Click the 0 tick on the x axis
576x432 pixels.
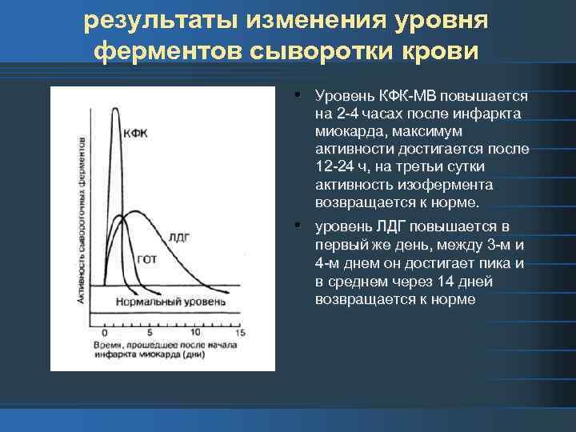click(105, 332)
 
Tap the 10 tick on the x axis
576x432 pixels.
click(195, 332)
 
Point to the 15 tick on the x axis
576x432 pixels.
click(239, 332)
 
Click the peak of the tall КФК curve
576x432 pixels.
click(116, 109)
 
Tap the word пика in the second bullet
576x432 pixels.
click(499, 263)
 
